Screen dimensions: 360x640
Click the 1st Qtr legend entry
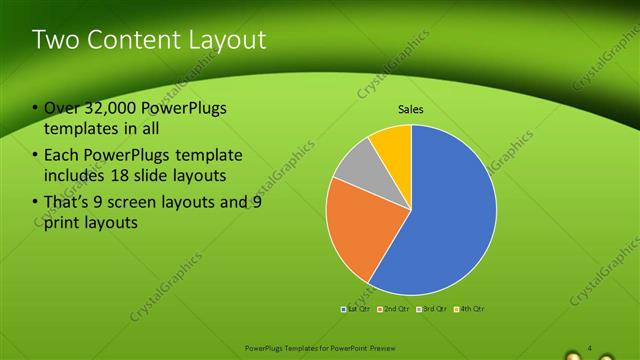coord(357,310)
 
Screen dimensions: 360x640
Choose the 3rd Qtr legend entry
coord(432,310)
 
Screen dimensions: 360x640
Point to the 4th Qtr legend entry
coord(469,310)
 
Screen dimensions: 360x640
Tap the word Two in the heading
coord(54,40)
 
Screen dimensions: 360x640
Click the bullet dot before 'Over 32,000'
coord(35,109)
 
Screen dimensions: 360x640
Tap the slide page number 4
coord(590,348)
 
